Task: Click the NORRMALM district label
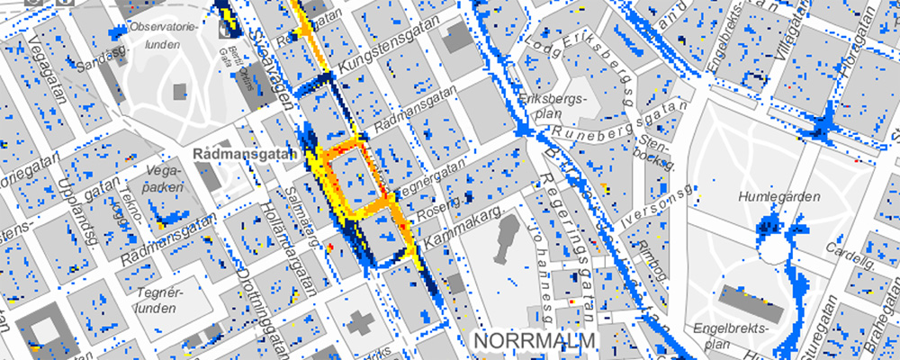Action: (535, 342)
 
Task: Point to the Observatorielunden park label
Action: (163, 34)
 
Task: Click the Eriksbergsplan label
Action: (552, 104)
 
